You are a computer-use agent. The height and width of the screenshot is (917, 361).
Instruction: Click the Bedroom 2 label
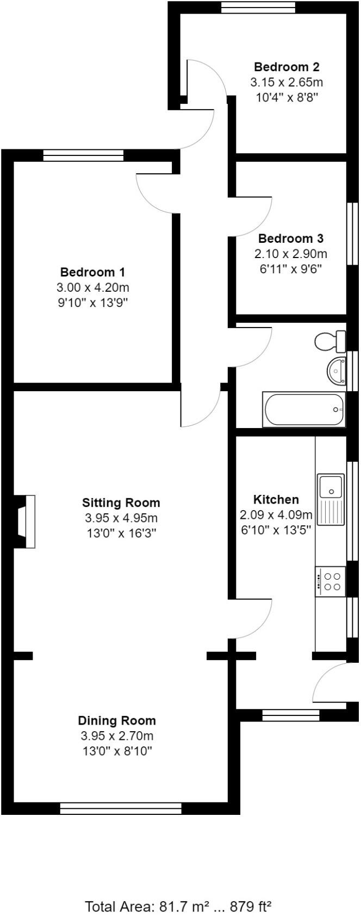point(287,67)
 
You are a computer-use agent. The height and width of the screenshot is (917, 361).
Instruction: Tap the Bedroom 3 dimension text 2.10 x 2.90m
point(291,254)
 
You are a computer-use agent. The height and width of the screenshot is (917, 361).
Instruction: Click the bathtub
point(303,409)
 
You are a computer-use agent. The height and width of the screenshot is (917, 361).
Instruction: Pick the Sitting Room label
point(121,502)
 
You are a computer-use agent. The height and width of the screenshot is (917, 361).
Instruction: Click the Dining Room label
point(117,721)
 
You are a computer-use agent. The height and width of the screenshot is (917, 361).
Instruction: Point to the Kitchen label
point(276,499)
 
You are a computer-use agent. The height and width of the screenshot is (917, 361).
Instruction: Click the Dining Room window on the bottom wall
point(120,809)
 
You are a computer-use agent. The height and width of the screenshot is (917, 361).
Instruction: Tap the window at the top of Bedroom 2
point(259,7)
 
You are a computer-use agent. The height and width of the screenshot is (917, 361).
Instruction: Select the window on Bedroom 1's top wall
point(84,155)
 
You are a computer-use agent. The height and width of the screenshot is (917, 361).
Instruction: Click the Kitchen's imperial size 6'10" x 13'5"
point(276,530)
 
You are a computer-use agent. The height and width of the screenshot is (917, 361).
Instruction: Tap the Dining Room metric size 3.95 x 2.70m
point(117,736)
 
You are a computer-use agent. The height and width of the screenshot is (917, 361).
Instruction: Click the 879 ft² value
point(251,906)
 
